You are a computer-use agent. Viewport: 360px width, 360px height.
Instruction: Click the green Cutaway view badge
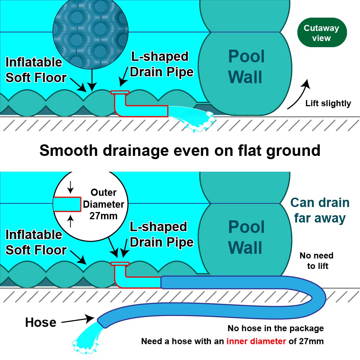[x=322, y=33]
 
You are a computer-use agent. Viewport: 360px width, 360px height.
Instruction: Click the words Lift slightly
[x=328, y=104]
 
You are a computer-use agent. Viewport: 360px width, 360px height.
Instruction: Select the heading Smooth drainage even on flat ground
[x=180, y=150]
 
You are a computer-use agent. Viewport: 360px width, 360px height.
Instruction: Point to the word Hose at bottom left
[x=40, y=322]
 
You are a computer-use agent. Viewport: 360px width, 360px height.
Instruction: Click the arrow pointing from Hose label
[x=78, y=320]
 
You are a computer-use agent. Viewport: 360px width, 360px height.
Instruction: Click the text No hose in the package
[x=275, y=328]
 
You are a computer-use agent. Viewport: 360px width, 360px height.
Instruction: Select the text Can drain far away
[x=320, y=210]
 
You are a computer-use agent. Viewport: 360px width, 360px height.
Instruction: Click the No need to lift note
[x=316, y=261]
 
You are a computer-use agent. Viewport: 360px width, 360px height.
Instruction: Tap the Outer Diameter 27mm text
[x=104, y=204]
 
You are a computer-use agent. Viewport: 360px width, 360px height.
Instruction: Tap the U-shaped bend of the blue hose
[x=317, y=292]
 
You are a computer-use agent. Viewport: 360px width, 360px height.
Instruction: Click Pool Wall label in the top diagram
[x=246, y=67]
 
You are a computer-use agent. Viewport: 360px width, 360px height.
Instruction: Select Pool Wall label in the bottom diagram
[x=246, y=238]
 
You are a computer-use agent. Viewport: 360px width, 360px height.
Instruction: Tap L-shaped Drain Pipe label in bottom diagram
[x=161, y=234]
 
